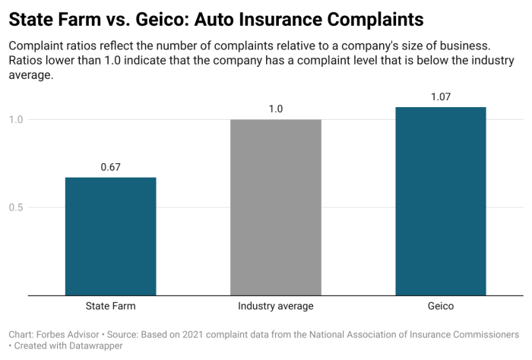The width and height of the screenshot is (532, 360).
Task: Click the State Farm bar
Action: click(x=110, y=236)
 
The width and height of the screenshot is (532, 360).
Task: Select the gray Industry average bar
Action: click(x=275, y=207)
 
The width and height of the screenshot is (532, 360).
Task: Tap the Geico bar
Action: click(x=440, y=201)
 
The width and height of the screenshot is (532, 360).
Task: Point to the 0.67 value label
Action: click(x=110, y=167)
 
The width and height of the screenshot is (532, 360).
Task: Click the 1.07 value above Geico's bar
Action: click(x=440, y=96)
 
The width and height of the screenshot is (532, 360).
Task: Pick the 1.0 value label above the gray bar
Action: click(x=275, y=109)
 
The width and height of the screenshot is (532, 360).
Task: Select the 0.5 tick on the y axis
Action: click(x=16, y=207)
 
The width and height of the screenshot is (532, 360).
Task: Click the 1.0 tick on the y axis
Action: click(x=16, y=119)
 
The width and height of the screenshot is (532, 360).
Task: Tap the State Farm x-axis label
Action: click(x=110, y=306)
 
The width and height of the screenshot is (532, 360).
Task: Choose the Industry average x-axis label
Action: click(x=275, y=306)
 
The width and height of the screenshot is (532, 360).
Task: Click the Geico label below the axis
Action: click(x=440, y=306)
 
